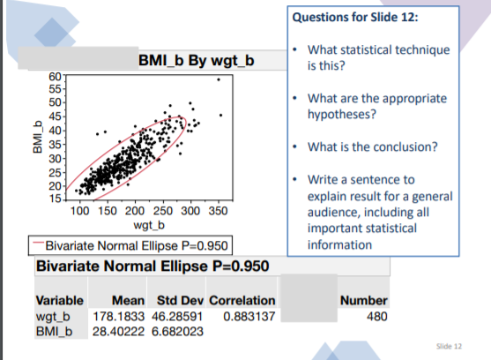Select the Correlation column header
pos(242,301)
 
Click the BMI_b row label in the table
pos(55,330)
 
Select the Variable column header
pos(59,301)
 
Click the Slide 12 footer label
pos(450,347)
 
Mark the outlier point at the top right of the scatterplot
pos(219,79)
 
